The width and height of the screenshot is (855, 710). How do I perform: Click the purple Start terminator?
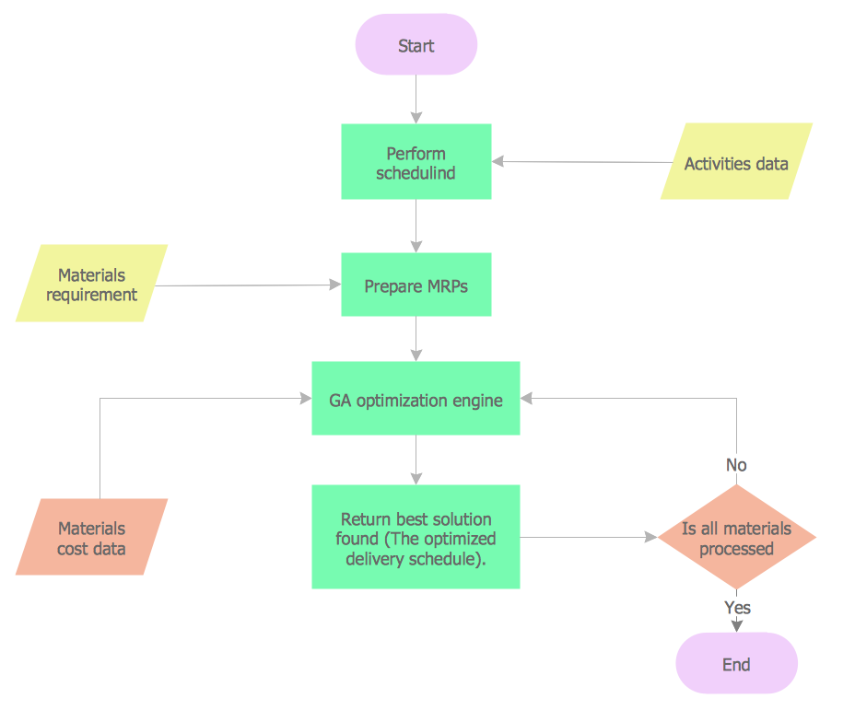(416, 45)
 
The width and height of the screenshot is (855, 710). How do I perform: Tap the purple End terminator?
(736, 664)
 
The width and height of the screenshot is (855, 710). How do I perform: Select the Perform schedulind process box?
(416, 162)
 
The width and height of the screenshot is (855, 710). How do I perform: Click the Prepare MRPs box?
(416, 285)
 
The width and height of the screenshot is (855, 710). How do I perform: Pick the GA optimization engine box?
(416, 399)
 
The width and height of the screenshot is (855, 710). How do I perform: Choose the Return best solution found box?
(416, 537)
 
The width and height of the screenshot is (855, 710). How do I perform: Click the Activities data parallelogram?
(736, 163)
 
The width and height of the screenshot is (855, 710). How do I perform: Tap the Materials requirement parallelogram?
(91, 284)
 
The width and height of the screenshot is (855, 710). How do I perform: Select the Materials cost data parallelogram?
(91, 538)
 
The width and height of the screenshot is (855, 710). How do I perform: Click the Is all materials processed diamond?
(736, 538)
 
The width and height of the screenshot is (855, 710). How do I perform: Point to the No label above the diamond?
(736, 465)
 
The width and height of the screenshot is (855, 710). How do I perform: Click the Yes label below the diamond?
(737, 608)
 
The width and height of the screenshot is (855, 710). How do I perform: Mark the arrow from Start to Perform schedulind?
(416, 99)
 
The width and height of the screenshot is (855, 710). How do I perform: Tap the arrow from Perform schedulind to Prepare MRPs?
(416, 226)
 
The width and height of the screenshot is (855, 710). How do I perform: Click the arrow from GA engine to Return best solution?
(416, 460)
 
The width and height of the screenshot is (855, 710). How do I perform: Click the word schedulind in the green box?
(416, 172)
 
